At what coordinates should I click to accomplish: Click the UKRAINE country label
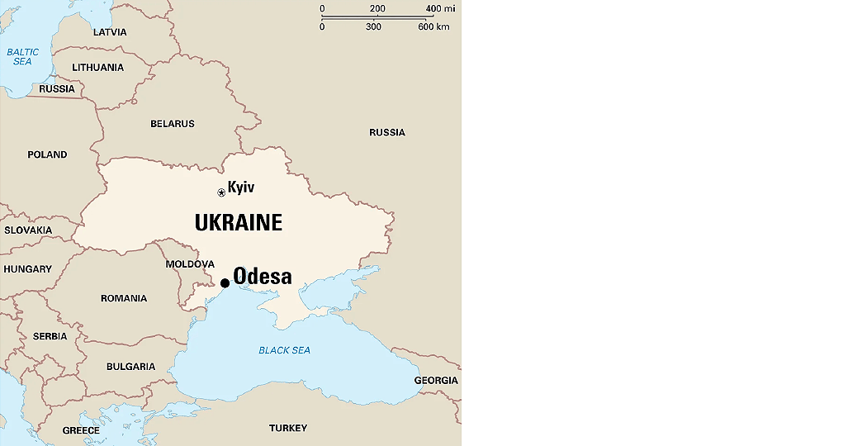point(239,223)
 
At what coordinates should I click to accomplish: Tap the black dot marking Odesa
point(225,283)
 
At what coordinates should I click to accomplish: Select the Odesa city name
point(263,276)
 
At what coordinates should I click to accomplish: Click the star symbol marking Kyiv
point(221,192)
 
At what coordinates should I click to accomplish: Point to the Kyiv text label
point(241,187)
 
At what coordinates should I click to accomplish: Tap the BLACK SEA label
point(285,350)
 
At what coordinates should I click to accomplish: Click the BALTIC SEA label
point(22,57)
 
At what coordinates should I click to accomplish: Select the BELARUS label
point(173,124)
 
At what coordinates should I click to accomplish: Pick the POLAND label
point(47,154)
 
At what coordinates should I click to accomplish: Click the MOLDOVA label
point(190,264)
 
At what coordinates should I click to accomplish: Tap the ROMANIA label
point(124,298)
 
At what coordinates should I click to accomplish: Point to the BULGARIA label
point(130,367)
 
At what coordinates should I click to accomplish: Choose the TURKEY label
point(288,428)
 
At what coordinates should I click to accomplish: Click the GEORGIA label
point(436,381)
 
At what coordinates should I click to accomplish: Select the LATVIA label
point(110,32)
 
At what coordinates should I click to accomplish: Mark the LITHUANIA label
point(98,68)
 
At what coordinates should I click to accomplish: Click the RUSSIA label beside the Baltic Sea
point(57,89)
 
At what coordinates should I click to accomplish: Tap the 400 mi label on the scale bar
point(440,9)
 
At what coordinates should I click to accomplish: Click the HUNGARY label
point(27,269)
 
